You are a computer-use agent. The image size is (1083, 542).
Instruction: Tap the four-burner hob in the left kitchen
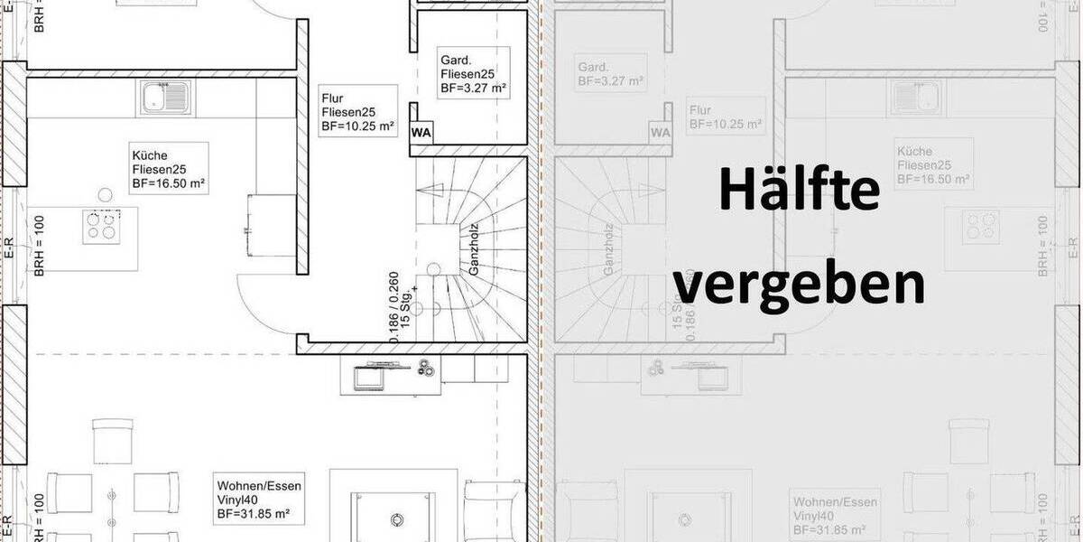(x=101, y=227)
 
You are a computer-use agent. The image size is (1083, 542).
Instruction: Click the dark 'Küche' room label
(x=150, y=154)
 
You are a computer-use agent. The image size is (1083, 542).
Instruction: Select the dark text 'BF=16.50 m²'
(x=169, y=183)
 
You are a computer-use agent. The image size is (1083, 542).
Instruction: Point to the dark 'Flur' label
(x=333, y=98)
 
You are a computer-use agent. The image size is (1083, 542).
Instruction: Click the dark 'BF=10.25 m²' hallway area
(x=358, y=127)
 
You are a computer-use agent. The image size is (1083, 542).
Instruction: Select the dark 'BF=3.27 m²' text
(x=473, y=89)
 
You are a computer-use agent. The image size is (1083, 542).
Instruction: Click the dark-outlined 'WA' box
(x=421, y=133)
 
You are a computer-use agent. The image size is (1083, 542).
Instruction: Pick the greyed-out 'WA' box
(x=661, y=133)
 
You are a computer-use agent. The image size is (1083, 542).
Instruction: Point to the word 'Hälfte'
(x=800, y=191)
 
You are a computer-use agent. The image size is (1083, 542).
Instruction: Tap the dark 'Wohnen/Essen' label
(x=258, y=486)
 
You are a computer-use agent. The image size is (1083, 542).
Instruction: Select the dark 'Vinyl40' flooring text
(x=238, y=500)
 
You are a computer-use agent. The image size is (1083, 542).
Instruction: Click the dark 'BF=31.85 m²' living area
(x=253, y=514)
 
